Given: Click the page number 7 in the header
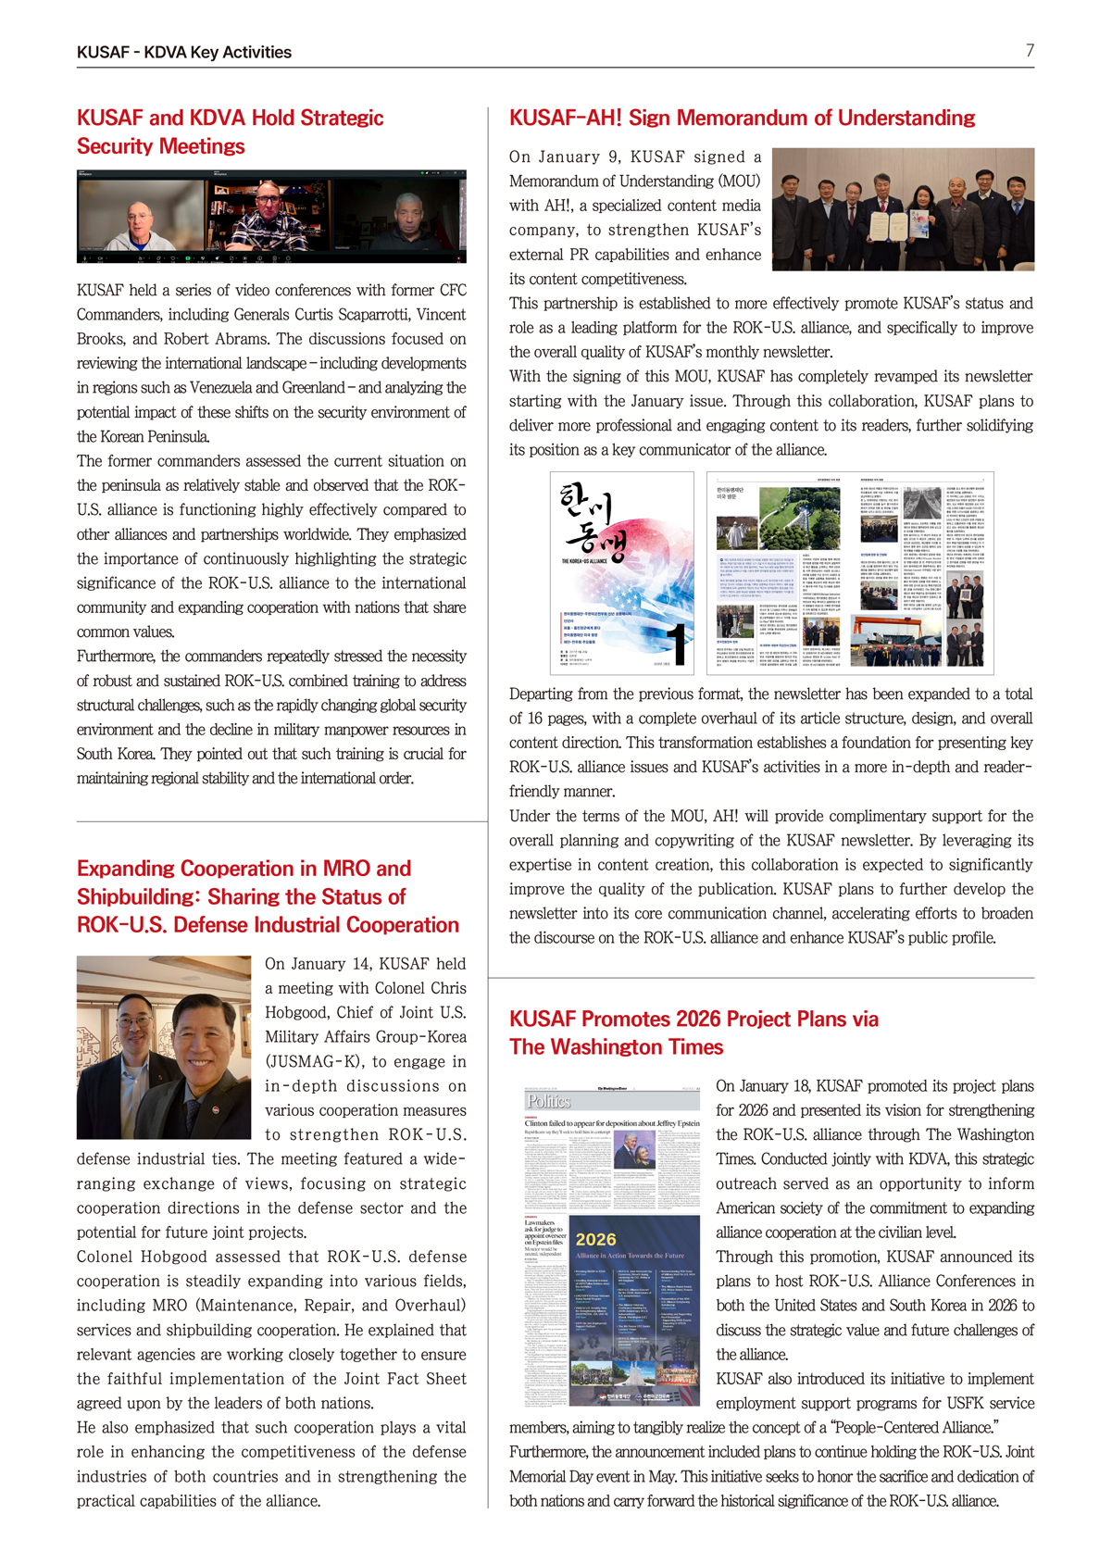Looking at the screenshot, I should pyautogui.click(x=1029, y=51).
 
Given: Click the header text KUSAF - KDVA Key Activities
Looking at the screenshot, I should pyautogui.click(x=183, y=53).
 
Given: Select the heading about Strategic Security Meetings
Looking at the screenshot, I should pyautogui.click(x=230, y=131).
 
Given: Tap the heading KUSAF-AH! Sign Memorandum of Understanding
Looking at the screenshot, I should pyautogui.click(x=742, y=118).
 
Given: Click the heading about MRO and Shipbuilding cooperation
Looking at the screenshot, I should pyautogui.click(x=268, y=896).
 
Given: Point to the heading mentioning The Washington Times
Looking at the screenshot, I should pyautogui.click(x=693, y=1032).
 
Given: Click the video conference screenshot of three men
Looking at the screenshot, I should pyautogui.click(x=271, y=217).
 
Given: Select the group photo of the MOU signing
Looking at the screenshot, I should pyautogui.click(x=903, y=209).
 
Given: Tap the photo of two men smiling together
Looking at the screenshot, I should pyautogui.click(x=164, y=1047).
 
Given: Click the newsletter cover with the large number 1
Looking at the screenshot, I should pyautogui.click(x=622, y=572).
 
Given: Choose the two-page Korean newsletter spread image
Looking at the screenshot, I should pyautogui.click(x=850, y=572).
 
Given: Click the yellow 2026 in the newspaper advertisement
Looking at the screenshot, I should pyautogui.click(x=596, y=1240).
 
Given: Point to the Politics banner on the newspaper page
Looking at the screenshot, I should pyautogui.click(x=549, y=1101).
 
